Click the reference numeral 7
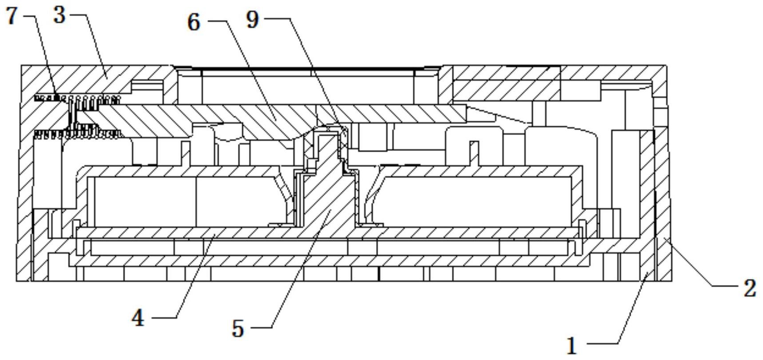tap(12, 16)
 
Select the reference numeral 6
tap(194, 22)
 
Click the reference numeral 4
tap(138, 318)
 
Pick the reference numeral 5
tap(238, 329)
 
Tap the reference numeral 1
tap(572, 345)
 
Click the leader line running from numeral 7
tap(44, 53)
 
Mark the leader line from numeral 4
tap(195, 275)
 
